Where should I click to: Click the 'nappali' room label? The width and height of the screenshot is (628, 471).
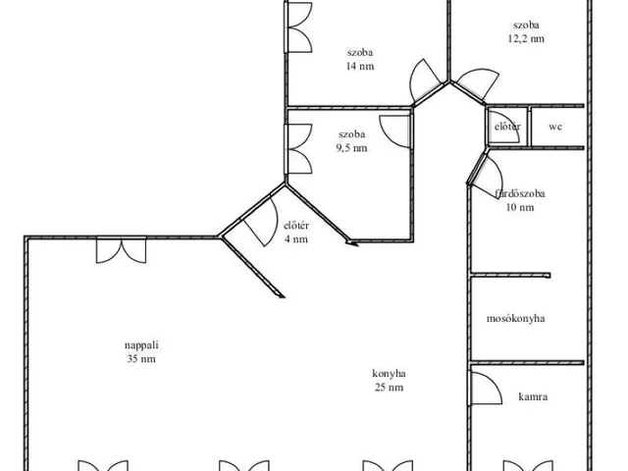click(141, 345)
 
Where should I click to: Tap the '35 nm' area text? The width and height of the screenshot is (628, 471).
click(141, 359)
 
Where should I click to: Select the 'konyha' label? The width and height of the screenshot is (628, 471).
click(389, 374)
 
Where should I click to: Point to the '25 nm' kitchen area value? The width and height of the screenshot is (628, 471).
click(390, 388)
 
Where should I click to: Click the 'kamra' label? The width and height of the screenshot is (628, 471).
click(533, 396)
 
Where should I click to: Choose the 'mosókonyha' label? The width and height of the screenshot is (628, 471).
click(516, 318)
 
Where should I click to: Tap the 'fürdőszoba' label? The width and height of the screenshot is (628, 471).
click(520, 194)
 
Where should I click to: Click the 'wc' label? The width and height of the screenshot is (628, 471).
click(555, 127)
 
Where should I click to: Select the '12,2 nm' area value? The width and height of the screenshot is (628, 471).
click(526, 38)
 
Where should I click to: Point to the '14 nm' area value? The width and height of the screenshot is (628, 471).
click(360, 66)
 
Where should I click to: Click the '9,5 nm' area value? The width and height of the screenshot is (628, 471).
click(351, 148)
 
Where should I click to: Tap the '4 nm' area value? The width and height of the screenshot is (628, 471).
click(296, 239)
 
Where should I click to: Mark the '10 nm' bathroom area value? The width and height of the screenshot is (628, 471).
click(520, 207)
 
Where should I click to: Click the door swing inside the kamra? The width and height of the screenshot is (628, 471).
click(486, 389)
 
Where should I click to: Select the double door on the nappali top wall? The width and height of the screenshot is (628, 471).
click(121, 250)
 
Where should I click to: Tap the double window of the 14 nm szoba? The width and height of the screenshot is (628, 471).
click(298, 26)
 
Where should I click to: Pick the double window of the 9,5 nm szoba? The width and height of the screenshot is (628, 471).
click(298, 149)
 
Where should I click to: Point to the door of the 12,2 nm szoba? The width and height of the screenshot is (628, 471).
click(478, 84)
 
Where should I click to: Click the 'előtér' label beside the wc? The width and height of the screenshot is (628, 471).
click(507, 127)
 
